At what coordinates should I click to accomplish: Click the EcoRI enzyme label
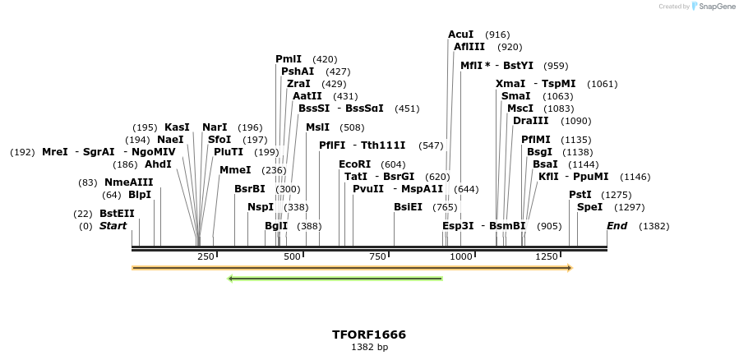(x=355, y=164)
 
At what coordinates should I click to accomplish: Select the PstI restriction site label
(x=580, y=195)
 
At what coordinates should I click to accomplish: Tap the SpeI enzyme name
(x=589, y=207)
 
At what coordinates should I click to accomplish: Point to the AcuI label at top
(x=460, y=35)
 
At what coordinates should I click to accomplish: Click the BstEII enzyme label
(x=117, y=213)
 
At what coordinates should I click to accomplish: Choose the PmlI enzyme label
(x=289, y=59)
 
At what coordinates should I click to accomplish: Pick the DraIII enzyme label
(x=530, y=121)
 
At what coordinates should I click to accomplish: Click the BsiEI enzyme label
(x=408, y=207)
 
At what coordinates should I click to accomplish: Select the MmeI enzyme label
(x=235, y=170)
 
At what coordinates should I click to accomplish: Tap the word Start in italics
(x=113, y=225)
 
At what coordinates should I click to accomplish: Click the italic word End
(x=617, y=225)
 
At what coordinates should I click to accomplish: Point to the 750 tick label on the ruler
(x=377, y=257)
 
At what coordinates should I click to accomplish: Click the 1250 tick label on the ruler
(x=547, y=257)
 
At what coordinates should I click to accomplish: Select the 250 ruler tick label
(x=206, y=257)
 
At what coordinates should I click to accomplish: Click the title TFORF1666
(x=369, y=335)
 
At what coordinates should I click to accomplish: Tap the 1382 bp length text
(x=369, y=348)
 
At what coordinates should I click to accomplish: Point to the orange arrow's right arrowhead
(x=568, y=268)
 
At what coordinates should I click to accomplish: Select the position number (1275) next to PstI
(x=617, y=195)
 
